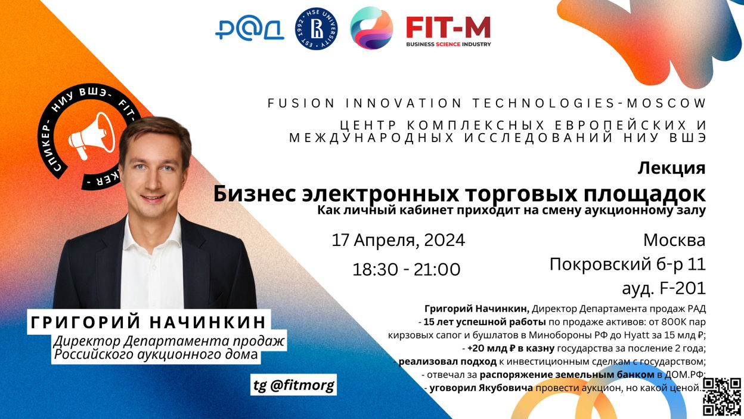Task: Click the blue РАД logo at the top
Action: click(x=250, y=29)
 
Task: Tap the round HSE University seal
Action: click(x=316, y=29)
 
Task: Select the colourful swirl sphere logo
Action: click(x=371, y=28)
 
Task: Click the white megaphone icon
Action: click(x=92, y=135)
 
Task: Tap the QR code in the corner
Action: click(x=722, y=396)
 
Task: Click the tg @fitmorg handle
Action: click(x=294, y=385)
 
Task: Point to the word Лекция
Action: click(x=671, y=168)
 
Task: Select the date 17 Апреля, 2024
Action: click(x=398, y=240)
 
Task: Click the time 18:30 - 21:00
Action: click(x=406, y=269)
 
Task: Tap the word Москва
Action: click(x=674, y=240)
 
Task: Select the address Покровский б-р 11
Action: click(x=627, y=264)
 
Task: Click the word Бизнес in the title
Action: click(x=255, y=194)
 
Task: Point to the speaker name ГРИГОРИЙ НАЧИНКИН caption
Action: click(x=148, y=322)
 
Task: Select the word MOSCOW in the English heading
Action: click(x=666, y=103)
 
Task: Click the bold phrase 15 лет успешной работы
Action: click(x=485, y=322)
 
